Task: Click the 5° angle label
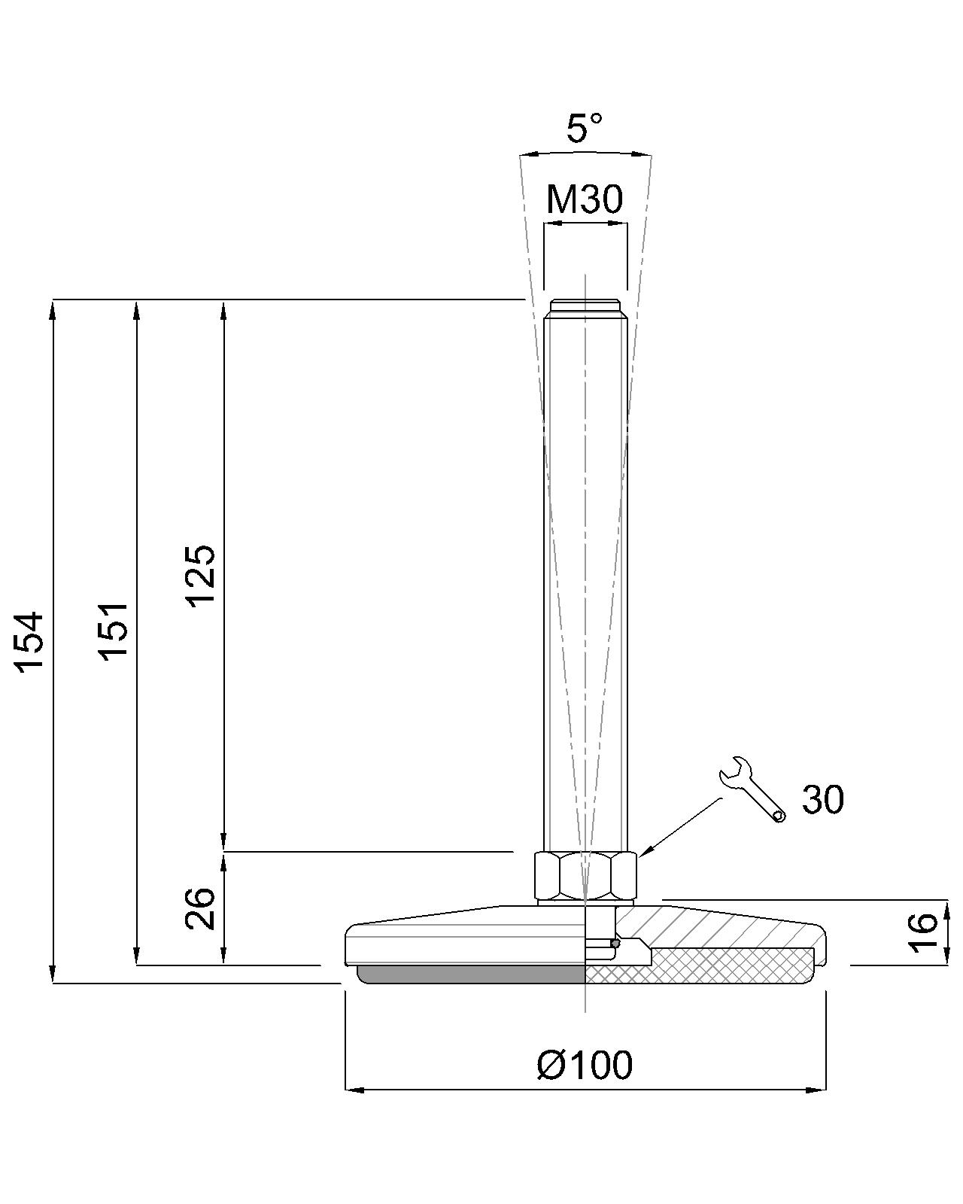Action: point(584,128)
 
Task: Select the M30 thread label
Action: point(584,199)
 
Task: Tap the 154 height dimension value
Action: point(29,641)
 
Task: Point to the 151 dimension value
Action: point(114,631)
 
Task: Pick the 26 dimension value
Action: point(200,908)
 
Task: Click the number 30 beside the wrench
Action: point(822,799)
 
